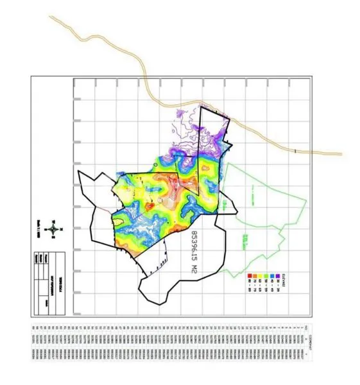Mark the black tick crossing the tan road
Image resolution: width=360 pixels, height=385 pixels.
(295, 151)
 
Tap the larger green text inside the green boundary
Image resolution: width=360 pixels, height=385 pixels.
(246, 243)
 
